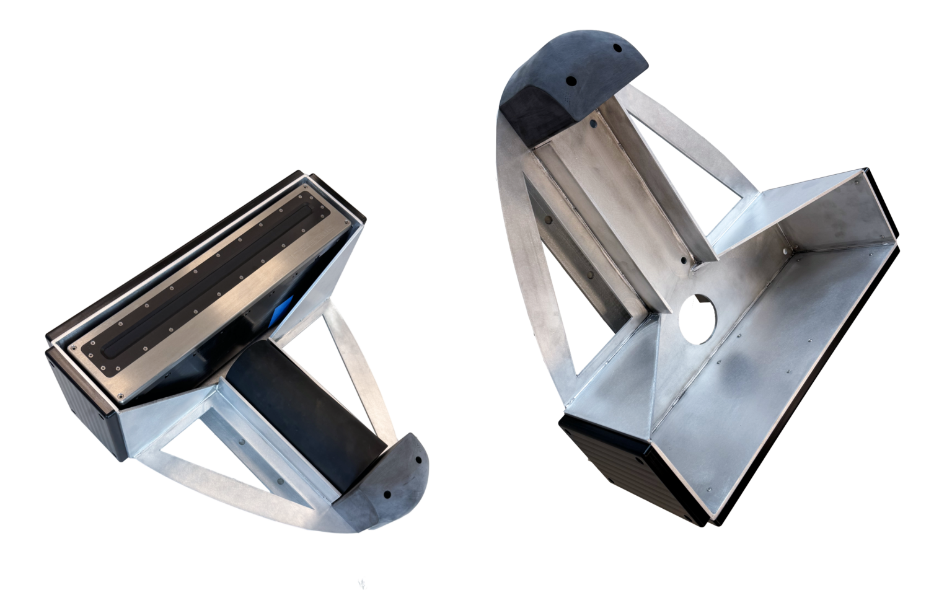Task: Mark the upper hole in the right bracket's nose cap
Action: (x=617, y=48)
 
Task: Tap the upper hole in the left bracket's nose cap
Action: (x=418, y=462)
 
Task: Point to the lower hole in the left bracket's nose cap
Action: (x=387, y=495)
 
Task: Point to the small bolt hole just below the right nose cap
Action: (x=594, y=124)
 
